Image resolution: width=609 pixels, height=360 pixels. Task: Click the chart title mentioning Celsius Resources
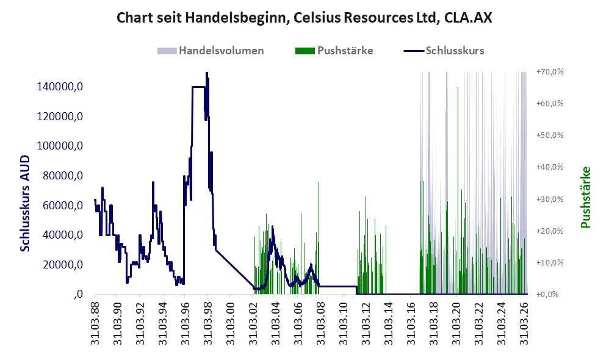[x=304, y=18]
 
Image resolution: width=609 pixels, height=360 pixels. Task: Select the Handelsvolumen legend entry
[x=211, y=51]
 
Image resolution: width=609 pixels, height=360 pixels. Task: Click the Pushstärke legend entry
[x=334, y=51]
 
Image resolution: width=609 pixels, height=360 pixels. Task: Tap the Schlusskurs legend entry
[x=444, y=51]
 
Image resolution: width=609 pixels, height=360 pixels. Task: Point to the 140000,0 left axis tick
[x=60, y=87]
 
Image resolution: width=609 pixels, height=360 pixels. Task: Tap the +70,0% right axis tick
[x=550, y=72]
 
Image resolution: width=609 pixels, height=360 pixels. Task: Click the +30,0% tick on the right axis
[x=550, y=200]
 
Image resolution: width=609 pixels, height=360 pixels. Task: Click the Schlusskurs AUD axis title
[x=25, y=203]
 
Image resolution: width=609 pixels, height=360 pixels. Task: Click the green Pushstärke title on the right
[x=586, y=197]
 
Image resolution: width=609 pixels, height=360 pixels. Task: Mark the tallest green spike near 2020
[x=458, y=190]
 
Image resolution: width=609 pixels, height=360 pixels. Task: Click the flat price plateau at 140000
[x=198, y=87]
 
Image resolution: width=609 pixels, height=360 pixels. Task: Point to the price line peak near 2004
[x=272, y=226]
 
